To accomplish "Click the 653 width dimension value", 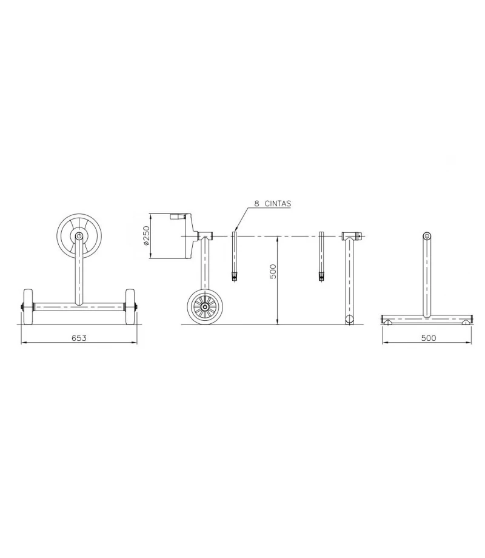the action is tap(79, 338).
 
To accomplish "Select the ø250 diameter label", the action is tap(145, 235).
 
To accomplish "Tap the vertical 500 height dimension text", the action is tap(273, 271).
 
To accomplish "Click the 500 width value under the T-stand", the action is tap(429, 338).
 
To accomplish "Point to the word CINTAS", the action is tap(278, 204).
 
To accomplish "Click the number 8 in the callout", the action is tap(256, 204).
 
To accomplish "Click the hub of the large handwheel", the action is tap(79, 235).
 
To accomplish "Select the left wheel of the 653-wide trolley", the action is tap(28, 307).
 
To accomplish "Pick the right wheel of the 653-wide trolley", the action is tap(130, 307).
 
